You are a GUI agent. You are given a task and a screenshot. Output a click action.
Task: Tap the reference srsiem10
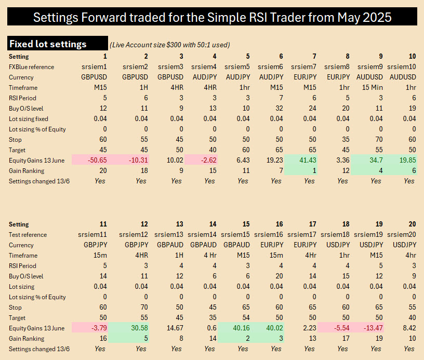tap(402, 66)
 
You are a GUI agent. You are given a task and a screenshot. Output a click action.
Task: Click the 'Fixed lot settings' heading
tap(48, 44)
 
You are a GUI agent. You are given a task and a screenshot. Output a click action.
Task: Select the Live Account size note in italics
tap(169, 45)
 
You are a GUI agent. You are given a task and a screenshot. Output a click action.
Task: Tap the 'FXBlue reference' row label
tap(31, 66)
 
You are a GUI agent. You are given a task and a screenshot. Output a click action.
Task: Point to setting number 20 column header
tap(412, 224)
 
